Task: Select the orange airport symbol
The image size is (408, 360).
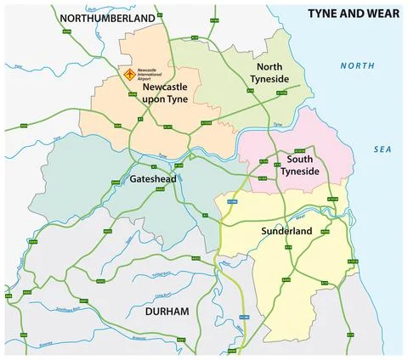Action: point(129,75)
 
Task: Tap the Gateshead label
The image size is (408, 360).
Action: point(154,179)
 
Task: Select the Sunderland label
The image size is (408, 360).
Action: point(286,231)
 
